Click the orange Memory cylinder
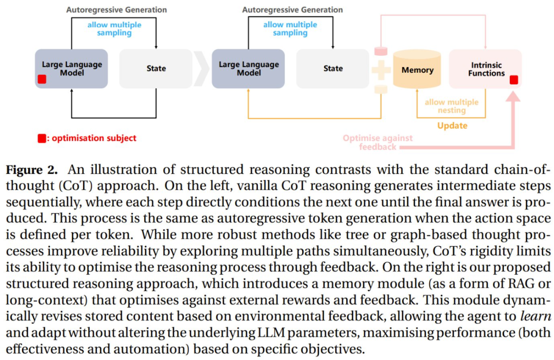coord(417,69)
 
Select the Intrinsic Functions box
coord(485,69)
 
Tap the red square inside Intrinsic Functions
coord(513,80)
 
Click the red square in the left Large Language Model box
coord(42,79)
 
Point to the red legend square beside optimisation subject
coord(42,138)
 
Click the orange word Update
coord(452,126)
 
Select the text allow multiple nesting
coord(451,106)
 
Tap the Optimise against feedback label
coord(378,143)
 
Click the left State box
coord(156,69)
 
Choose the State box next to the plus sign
coord(333,69)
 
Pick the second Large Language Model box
coord(248,69)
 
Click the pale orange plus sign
coord(381,70)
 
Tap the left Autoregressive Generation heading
coord(116,10)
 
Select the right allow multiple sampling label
coord(290,29)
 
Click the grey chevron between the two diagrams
coord(202,69)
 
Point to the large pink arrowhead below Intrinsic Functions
coord(513,96)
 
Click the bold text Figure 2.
coord(31,170)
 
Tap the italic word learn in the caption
coord(536,316)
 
